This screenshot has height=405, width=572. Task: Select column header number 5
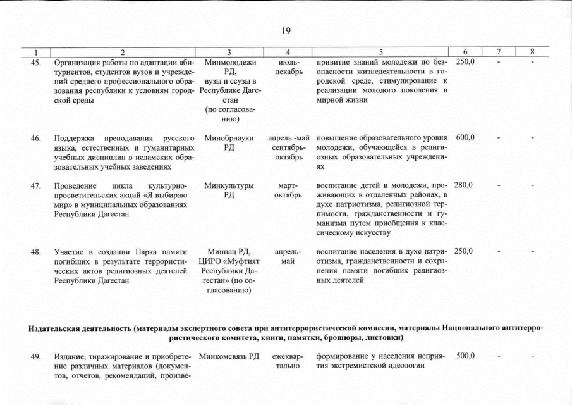tap(380, 52)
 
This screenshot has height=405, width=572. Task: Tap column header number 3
tap(229, 52)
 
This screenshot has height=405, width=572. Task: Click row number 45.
tap(36, 62)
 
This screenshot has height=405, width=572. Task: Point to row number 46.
tap(36, 137)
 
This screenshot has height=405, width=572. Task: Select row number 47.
tap(36, 185)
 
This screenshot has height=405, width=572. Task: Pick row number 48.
tap(36, 251)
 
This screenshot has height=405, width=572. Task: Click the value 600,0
tap(465, 137)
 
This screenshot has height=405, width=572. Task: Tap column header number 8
tap(532, 52)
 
